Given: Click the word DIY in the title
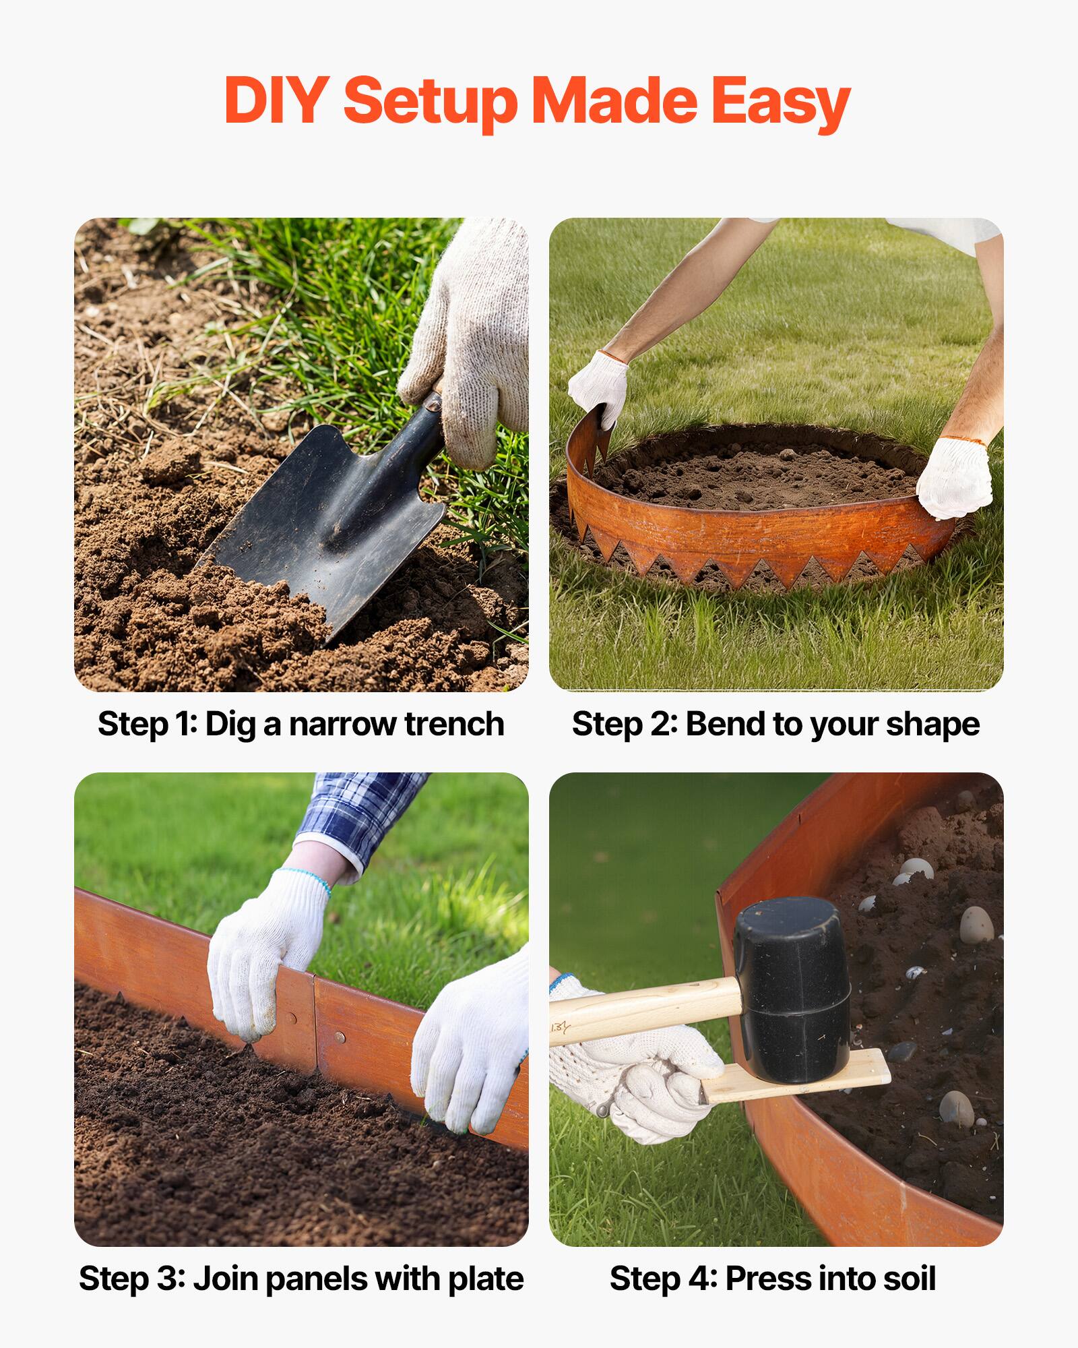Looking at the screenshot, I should (277, 100).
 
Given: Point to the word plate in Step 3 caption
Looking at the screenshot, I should (486, 1279).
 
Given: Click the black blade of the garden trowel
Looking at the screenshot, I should (317, 519).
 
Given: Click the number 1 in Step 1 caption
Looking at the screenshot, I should (181, 725).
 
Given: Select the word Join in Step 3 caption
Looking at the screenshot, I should (224, 1279).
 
